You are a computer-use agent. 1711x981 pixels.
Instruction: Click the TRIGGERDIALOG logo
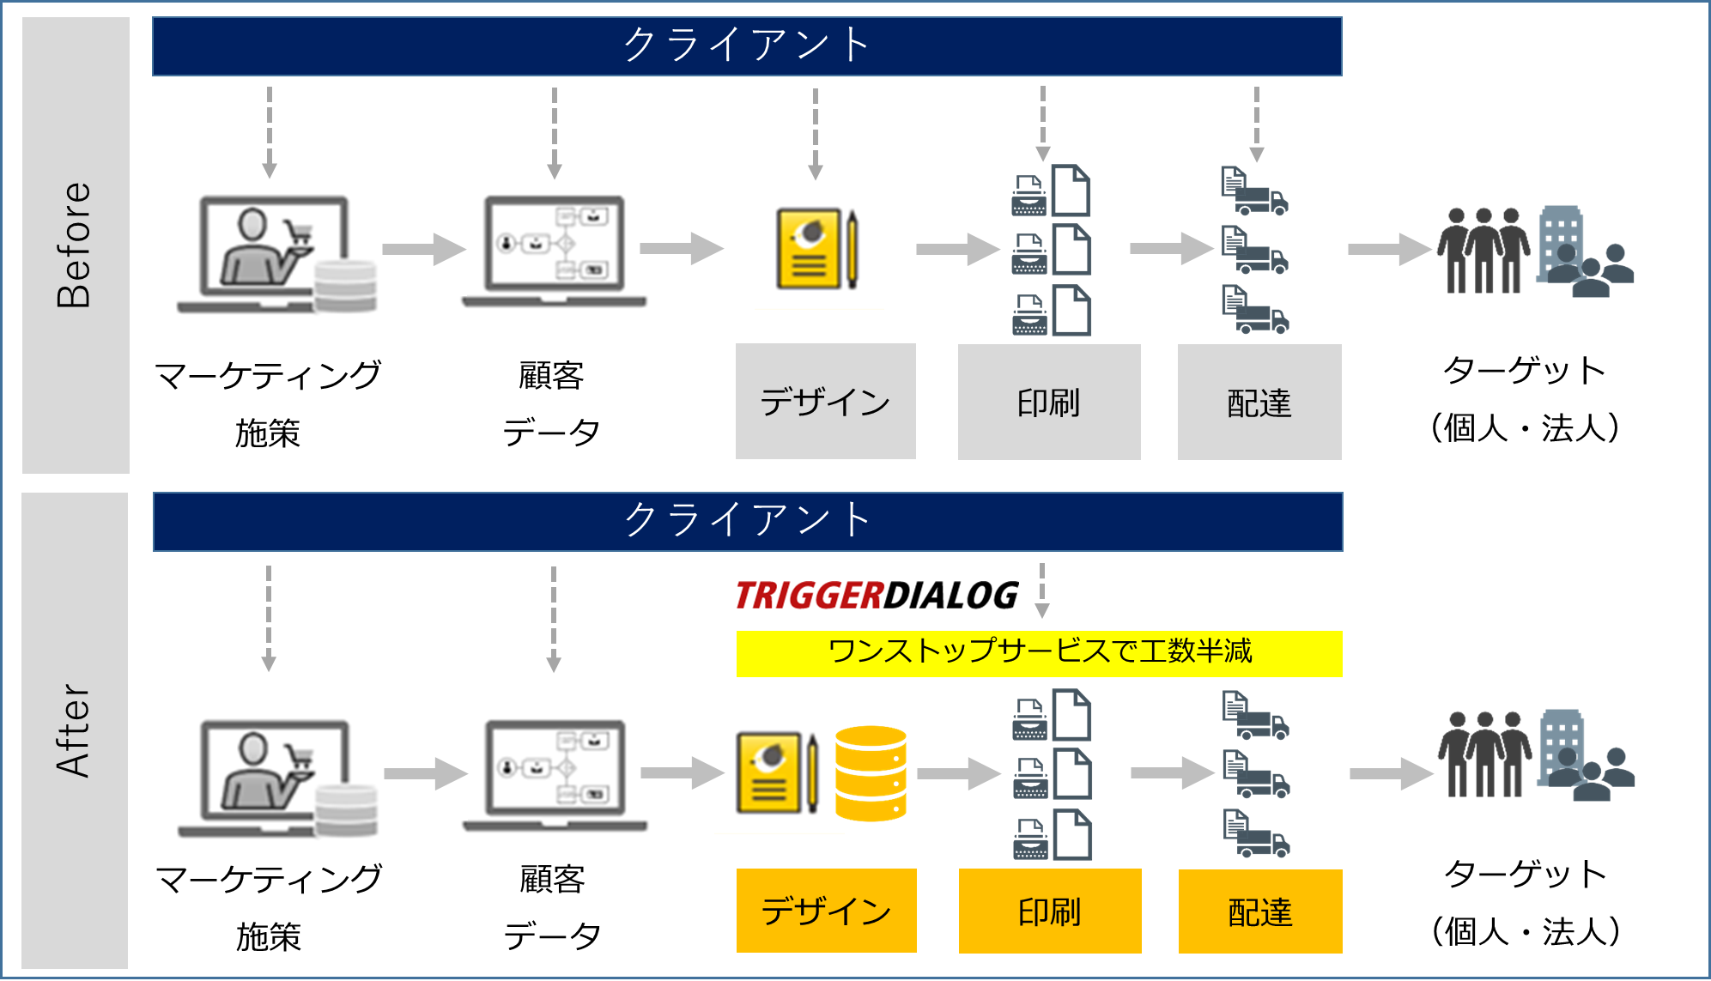click(x=877, y=596)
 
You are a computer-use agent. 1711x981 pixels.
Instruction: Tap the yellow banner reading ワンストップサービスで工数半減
click(x=1039, y=653)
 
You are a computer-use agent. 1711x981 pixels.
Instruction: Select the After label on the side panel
click(x=74, y=730)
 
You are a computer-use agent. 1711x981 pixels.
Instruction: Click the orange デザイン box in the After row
click(x=826, y=911)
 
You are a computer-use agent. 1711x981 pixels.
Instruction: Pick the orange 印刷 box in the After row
click(x=1049, y=911)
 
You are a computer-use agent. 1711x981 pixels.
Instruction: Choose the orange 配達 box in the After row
click(x=1259, y=911)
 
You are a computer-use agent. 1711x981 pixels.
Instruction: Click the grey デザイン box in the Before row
click(x=825, y=402)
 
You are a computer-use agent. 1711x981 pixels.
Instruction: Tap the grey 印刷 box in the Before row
click(x=1048, y=402)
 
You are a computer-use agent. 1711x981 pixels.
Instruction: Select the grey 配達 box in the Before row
click(x=1259, y=402)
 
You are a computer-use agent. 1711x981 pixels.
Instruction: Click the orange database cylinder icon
click(x=871, y=773)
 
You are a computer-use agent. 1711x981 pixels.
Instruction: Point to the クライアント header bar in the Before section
click(x=747, y=46)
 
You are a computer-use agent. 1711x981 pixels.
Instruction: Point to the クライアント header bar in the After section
click(x=747, y=521)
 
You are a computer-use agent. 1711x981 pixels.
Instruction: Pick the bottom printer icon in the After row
click(x=1029, y=838)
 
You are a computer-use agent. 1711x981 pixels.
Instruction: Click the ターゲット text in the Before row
click(x=1524, y=371)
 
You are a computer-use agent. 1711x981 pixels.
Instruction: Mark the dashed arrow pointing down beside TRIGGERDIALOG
click(x=1042, y=590)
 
